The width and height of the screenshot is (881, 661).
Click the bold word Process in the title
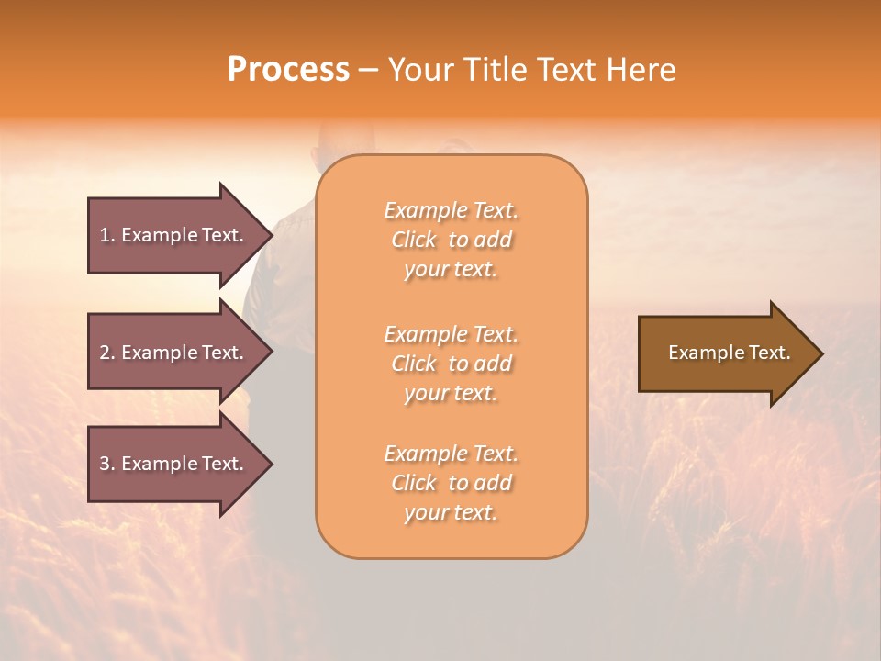[288, 70]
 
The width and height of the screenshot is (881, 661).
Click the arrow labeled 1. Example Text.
[174, 235]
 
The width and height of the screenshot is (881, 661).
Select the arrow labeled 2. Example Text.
[174, 353]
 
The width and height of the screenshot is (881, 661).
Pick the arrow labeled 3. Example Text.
[174, 464]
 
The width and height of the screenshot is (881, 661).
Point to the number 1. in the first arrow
[107, 235]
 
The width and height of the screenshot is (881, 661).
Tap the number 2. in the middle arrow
[107, 353]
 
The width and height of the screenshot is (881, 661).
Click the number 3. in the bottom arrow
[107, 464]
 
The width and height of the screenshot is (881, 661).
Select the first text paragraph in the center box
[451, 240]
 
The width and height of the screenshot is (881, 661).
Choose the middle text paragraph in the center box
[451, 364]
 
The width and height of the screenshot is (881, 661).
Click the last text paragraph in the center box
[451, 483]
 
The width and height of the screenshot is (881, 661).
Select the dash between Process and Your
[368, 70]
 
